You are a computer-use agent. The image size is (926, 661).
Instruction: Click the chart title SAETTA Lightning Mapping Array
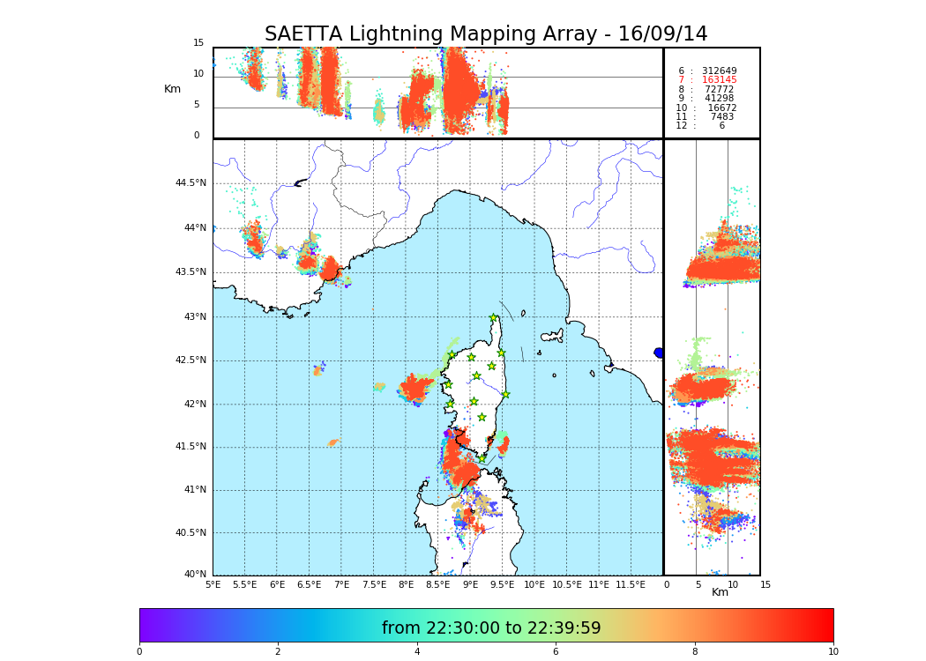pos(486,34)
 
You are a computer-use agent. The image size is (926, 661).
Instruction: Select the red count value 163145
pos(719,80)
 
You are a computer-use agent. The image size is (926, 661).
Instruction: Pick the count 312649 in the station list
pos(719,71)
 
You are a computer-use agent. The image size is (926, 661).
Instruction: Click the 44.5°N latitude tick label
pos(190,183)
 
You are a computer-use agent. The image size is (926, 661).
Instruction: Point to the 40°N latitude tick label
pos(195,575)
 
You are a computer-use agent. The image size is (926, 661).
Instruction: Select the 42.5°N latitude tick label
pos(190,360)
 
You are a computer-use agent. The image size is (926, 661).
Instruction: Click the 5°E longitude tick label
pos(213,584)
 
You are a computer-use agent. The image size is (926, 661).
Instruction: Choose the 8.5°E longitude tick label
pos(438,584)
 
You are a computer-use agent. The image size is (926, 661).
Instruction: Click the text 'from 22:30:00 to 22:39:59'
pos(491,628)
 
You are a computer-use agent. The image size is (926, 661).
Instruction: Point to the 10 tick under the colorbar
pos(833,652)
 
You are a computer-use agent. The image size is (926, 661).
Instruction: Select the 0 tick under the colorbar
pos(139,652)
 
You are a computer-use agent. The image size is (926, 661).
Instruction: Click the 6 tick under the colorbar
pos(556,652)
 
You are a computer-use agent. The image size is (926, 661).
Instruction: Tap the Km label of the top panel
pos(172,89)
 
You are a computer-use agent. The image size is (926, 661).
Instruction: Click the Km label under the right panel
pos(721,592)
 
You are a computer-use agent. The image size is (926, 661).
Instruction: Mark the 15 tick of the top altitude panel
pos(198,43)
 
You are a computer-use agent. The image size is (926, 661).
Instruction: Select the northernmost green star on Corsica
pos(494,317)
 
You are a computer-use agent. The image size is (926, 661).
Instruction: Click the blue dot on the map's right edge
pos(659,353)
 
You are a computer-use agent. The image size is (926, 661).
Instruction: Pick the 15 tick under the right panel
pos(765,584)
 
